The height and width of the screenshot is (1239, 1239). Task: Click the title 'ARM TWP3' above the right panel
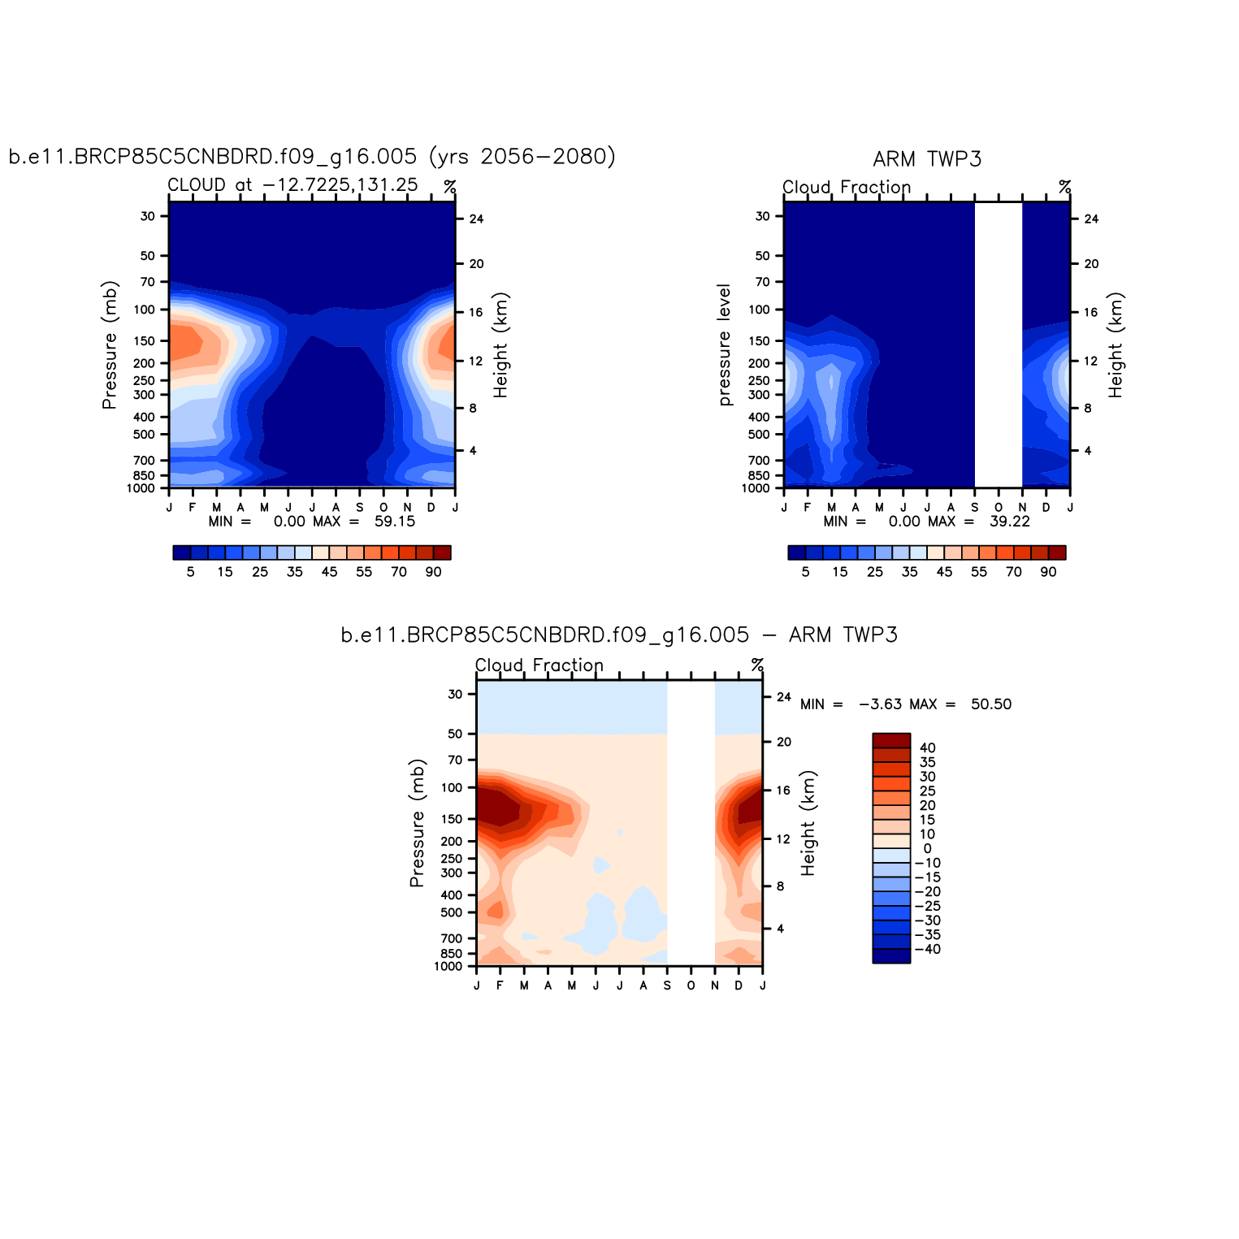pyautogui.click(x=927, y=159)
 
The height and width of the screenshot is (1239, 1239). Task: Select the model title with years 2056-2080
pyautogui.click(x=312, y=156)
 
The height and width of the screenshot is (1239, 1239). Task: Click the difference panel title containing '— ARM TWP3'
pyautogui.click(x=619, y=635)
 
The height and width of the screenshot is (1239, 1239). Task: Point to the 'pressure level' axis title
pyautogui.click(x=725, y=344)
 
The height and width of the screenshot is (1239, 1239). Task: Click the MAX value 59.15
pyautogui.click(x=395, y=522)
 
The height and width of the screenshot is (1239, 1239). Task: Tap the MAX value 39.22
pyautogui.click(x=1010, y=522)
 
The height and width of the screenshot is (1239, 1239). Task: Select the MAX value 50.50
pyautogui.click(x=991, y=704)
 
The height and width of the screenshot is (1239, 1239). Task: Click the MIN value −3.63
pyautogui.click(x=880, y=704)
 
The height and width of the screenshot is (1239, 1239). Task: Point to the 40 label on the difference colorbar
pyautogui.click(x=927, y=748)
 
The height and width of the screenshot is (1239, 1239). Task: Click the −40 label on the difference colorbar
pyautogui.click(x=927, y=950)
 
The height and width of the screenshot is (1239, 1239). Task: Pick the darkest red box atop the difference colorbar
pyautogui.click(x=891, y=740)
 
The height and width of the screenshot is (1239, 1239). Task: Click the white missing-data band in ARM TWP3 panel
pyautogui.click(x=998, y=344)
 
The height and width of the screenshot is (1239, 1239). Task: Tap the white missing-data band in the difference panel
pyautogui.click(x=691, y=822)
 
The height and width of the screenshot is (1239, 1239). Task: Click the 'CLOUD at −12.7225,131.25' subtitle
pyautogui.click(x=292, y=185)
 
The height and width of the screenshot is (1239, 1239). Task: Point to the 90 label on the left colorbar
pyautogui.click(x=433, y=572)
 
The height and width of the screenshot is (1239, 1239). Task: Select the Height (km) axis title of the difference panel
pyautogui.click(x=808, y=822)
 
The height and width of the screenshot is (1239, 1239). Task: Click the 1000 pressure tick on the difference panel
pyautogui.click(x=448, y=967)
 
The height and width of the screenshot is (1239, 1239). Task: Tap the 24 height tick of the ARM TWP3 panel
pyautogui.click(x=1091, y=219)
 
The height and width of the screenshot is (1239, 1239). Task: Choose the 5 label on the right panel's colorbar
pyautogui.click(x=805, y=572)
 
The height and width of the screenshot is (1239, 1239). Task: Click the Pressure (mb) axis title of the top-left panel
pyautogui.click(x=110, y=344)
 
